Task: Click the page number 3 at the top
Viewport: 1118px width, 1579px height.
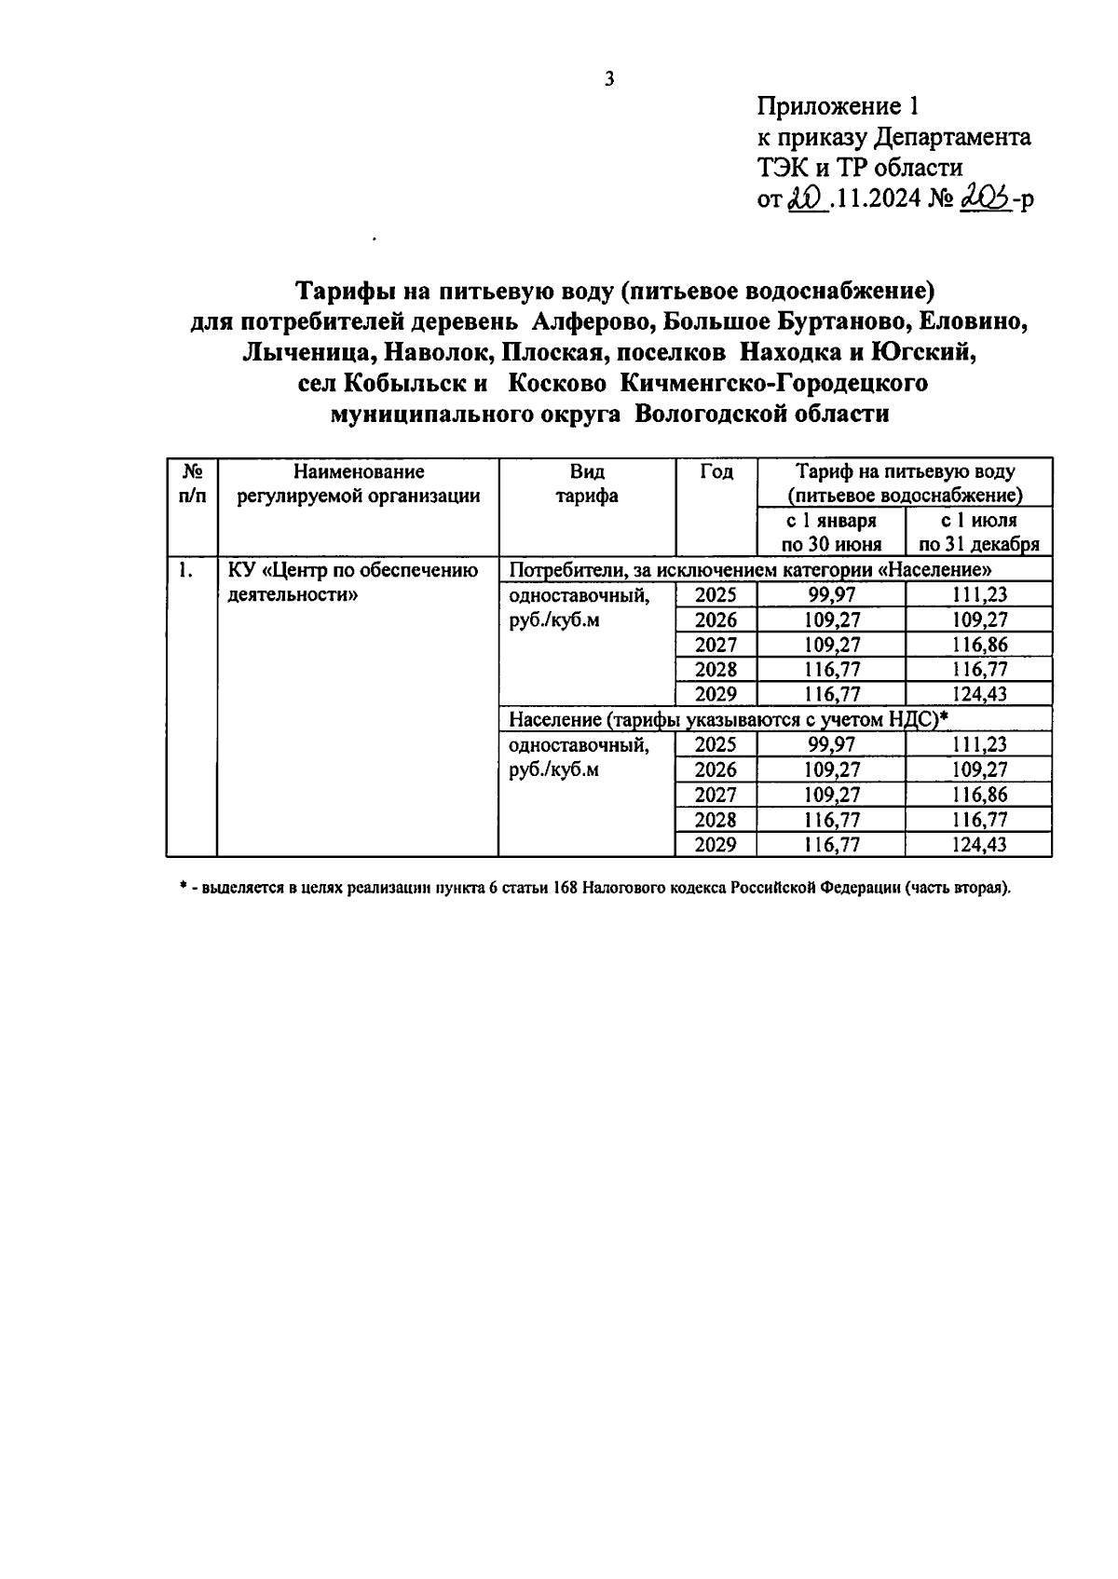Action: [609, 80]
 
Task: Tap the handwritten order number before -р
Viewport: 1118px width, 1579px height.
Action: [982, 197]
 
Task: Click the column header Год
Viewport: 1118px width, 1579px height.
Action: [716, 472]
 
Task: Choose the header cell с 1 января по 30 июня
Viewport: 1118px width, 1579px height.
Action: [831, 532]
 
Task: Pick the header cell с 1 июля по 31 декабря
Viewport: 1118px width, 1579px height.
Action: [978, 532]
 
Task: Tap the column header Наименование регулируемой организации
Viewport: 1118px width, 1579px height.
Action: [358, 483]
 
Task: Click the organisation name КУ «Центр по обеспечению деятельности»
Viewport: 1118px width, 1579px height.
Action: [353, 582]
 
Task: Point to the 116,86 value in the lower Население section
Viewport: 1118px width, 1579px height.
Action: [979, 795]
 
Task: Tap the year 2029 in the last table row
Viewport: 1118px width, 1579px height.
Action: [716, 845]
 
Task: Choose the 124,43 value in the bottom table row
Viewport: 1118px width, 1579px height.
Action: [979, 845]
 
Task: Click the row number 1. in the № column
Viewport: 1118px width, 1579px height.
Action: [185, 570]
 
